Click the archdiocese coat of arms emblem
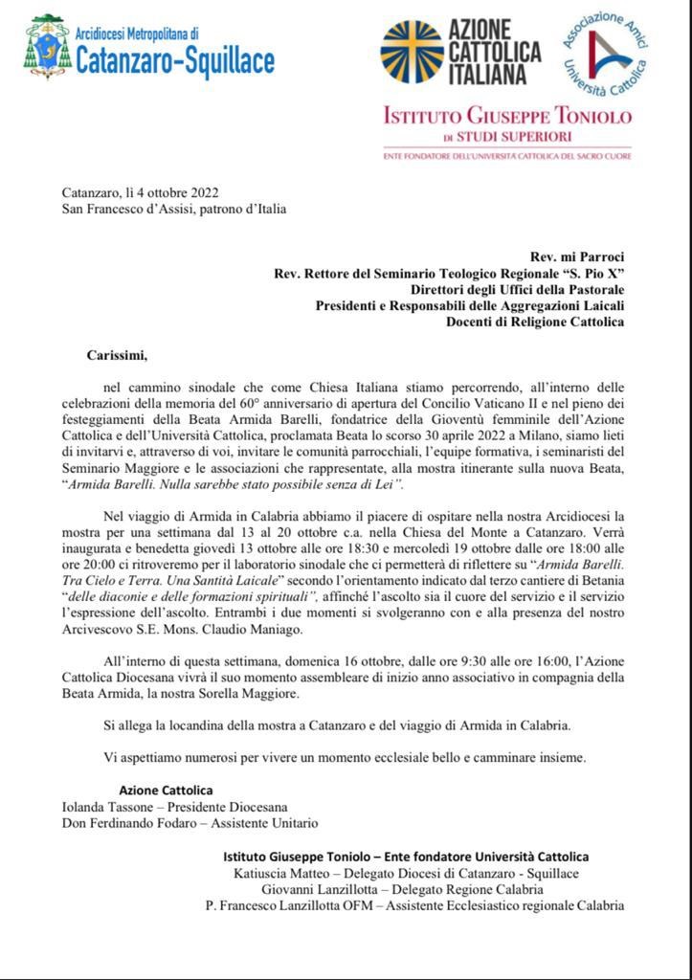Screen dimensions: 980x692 click(45, 46)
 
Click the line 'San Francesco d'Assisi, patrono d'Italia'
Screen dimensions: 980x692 click(174, 209)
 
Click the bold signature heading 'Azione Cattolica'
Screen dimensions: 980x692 click(166, 790)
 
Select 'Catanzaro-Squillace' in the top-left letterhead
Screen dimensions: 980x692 click(175, 62)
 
